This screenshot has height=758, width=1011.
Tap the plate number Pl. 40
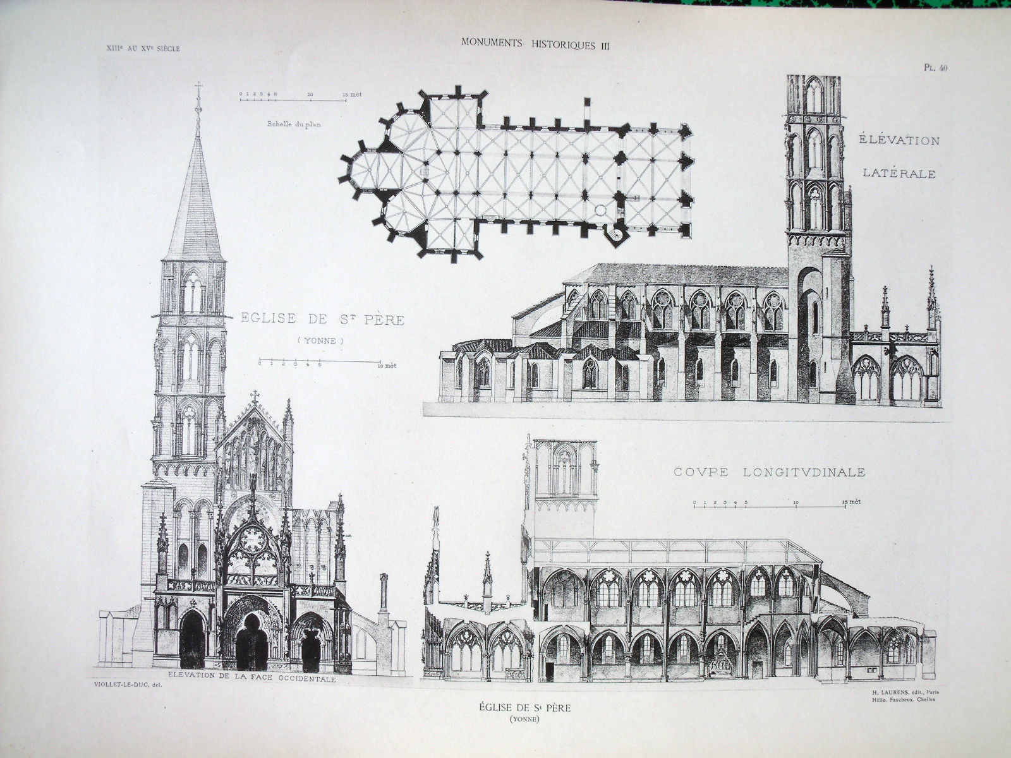point(934,69)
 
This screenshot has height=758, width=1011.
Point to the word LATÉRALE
point(899,174)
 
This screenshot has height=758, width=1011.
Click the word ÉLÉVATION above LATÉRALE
point(898,140)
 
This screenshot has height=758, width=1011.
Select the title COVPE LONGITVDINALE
point(769,472)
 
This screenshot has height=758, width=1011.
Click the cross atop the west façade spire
point(198,90)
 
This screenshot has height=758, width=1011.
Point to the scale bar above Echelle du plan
point(292,99)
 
